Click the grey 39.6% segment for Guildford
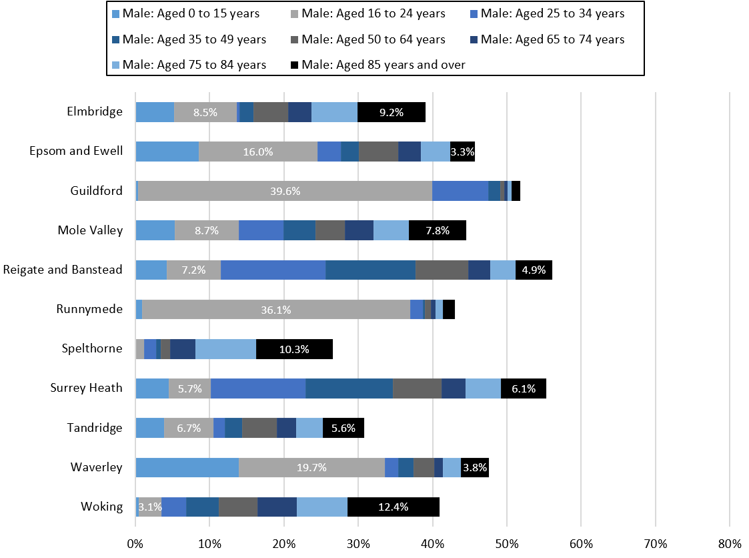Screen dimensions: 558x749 (285, 191)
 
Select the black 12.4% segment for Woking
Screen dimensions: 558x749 (394, 507)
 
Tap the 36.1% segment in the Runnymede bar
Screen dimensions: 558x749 (275, 310)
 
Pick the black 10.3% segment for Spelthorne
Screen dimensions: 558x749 (294, 349)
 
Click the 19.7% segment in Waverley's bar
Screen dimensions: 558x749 (311, 467)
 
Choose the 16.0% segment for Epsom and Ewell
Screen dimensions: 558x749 (258, 152)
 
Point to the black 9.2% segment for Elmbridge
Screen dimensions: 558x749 (392, 112)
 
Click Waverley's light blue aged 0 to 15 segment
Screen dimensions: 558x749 (187, 467)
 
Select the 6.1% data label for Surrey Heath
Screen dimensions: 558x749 (523, 388)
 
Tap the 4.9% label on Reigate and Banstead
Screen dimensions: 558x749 (534, 270)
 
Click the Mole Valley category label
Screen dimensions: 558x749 (90, 230)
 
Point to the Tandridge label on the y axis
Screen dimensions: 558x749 (95, 428)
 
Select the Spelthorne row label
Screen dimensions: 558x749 (92, 348)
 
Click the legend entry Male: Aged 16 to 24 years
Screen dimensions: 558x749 (373, 13)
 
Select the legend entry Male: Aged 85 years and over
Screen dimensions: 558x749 (383, 65)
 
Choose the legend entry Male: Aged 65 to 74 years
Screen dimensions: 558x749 (552, 39)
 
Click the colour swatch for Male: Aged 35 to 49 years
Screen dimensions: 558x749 (116, 39)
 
